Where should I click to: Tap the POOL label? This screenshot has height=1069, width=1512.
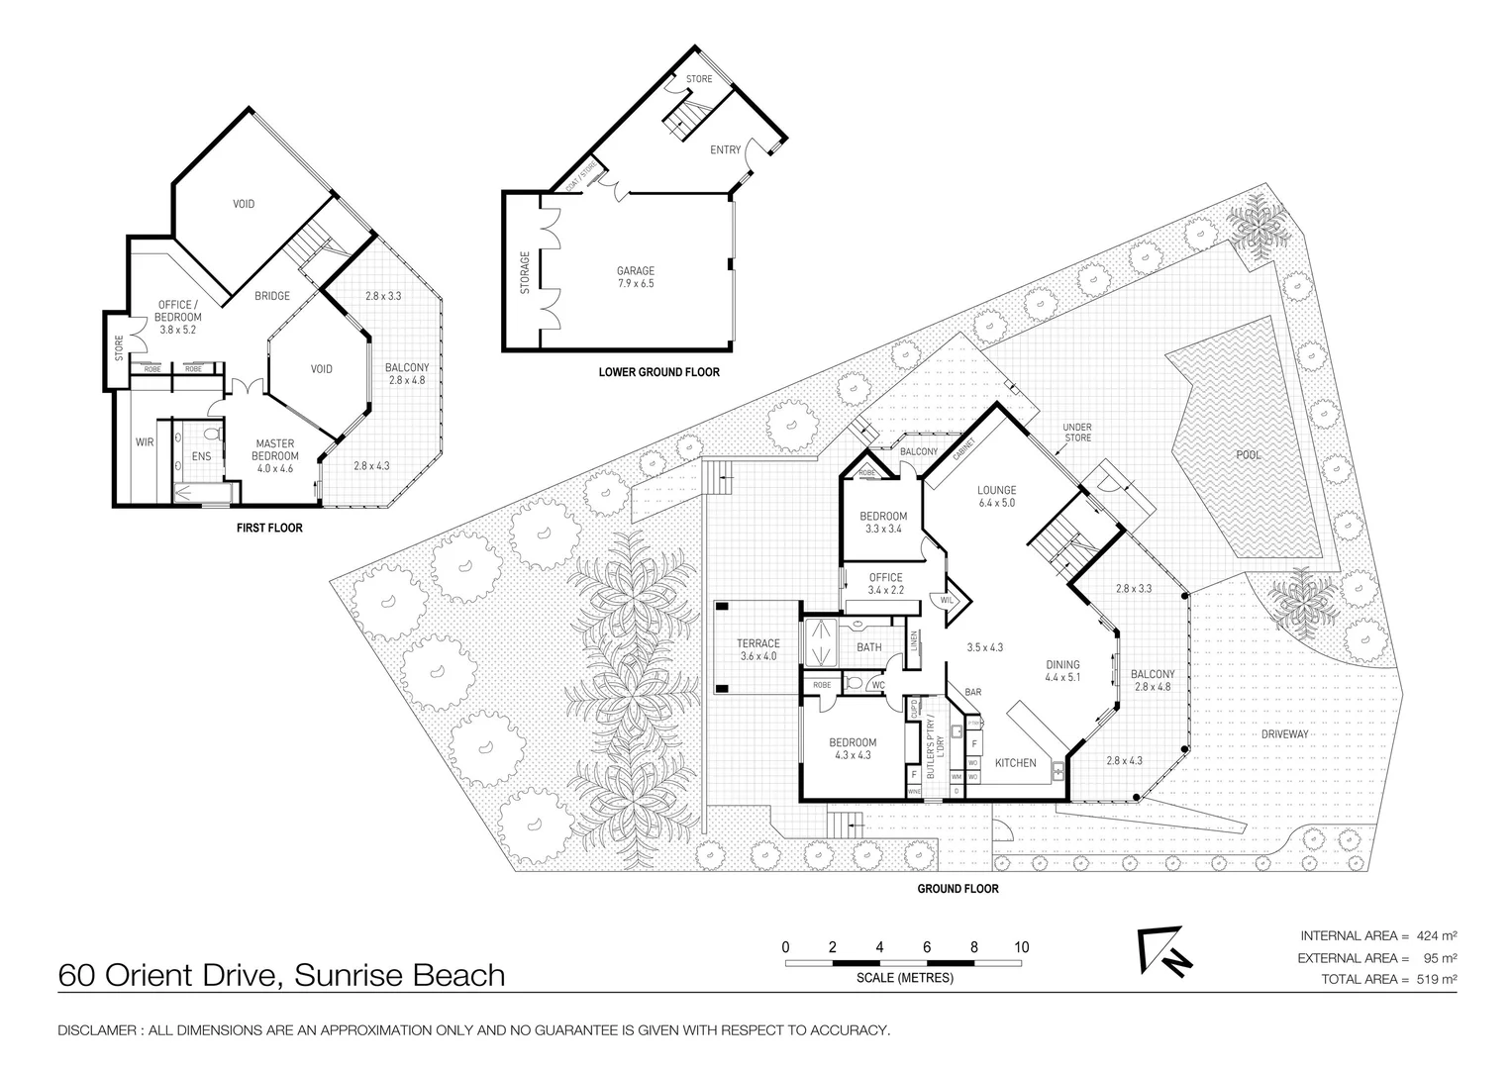[x=1249, y=455]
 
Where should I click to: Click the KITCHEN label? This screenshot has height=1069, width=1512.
[x=1015, y=762]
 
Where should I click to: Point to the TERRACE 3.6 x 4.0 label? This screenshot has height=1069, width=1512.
[x=757, y=649]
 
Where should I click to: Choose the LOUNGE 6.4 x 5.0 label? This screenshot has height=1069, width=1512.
[x=996, y=496]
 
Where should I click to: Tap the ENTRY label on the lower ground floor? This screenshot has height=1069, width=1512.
[x=725, y=150]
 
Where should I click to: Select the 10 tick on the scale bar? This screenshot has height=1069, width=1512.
[x=1022, y=947]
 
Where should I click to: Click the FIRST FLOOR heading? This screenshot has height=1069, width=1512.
[x=269, y=528]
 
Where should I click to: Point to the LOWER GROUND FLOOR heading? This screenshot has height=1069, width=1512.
[x=658, y=372]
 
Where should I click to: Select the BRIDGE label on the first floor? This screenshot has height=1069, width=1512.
[x=272, y=295]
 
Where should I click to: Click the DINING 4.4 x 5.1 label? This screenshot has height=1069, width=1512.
[x=1061, y=671]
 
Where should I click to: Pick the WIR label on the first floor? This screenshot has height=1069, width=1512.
[x=145, y=442]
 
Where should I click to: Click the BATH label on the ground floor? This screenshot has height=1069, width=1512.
[x=868, y=647]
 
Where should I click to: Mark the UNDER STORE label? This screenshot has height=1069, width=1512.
[x=1077, y=433]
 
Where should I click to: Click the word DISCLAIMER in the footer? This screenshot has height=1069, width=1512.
[x=96, y=1030]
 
